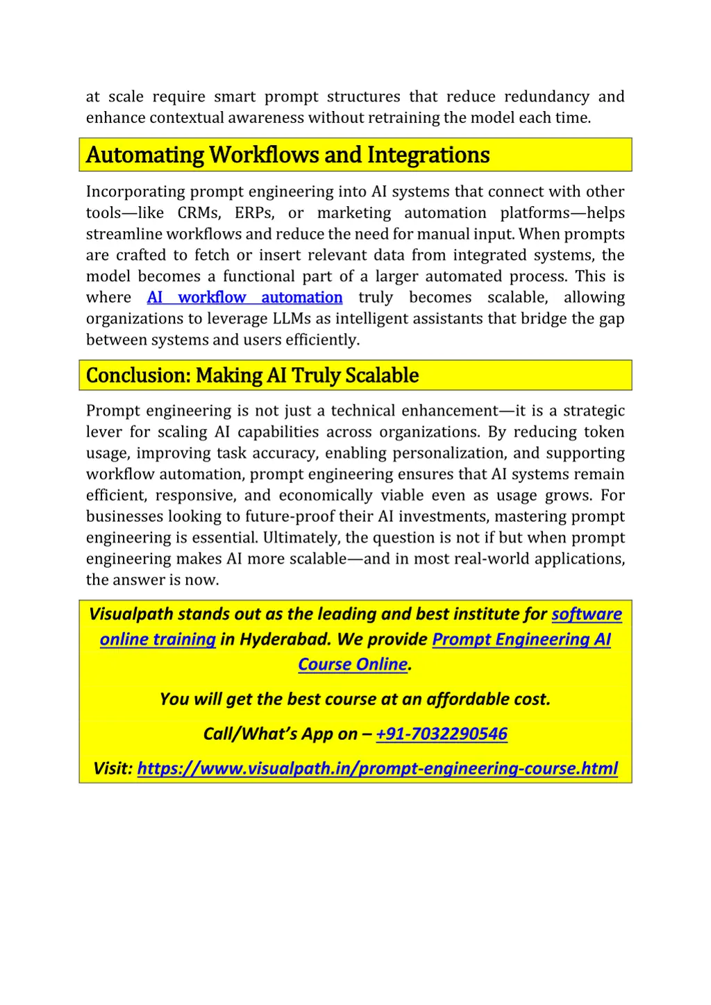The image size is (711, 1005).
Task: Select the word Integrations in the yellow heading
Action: [428, 155]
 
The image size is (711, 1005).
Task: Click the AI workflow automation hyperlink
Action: [244, 298]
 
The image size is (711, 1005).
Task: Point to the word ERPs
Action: [253, 213]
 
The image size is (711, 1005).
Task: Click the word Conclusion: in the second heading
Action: [138, 375]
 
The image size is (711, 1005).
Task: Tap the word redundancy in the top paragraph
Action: [546, 96]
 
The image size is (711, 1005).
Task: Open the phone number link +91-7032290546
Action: [442, 734]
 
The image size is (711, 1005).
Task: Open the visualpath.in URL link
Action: [377, 768]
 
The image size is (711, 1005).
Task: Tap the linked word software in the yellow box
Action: [587, 614]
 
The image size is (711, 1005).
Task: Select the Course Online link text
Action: [353, 664]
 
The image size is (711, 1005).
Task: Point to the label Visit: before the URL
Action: [112, 768]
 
